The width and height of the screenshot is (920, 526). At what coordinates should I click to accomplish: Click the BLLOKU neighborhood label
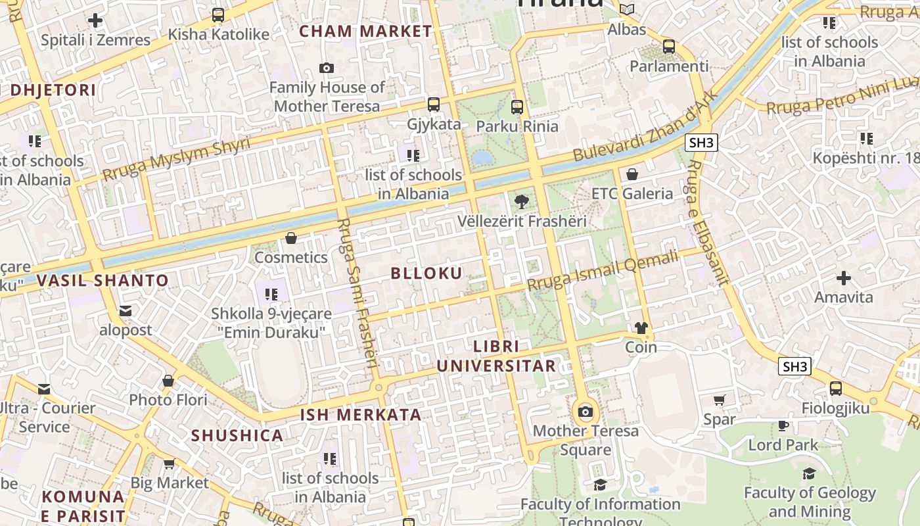[x=426, y=274]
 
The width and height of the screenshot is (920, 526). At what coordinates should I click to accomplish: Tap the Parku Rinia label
[x=517, y=126]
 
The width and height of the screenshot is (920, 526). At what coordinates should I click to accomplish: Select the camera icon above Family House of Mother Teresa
[x=326, y=68]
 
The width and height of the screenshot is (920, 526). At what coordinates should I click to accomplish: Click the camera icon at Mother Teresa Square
[x=585, y=412]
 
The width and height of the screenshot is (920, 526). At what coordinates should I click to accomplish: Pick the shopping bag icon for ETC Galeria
[x=632, y=174]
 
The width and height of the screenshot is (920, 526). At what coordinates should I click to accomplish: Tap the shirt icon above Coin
[x=641, y=328]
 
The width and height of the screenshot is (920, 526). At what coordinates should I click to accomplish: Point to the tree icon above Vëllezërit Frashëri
[x=522, y=202]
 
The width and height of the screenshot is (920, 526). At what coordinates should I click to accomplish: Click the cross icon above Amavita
[x=844, y=278]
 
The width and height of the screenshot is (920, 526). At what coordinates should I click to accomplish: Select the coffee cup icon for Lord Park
[x=783, y=425]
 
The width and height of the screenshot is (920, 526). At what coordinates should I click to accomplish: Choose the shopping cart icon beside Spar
[x=720, y=400]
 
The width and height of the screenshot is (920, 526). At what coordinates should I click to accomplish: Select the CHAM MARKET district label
[x=366, y=31]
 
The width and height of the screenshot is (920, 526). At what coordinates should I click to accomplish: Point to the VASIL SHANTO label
[x=103, y=281]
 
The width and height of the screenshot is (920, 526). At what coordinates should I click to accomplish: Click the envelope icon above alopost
[x=126, y=310]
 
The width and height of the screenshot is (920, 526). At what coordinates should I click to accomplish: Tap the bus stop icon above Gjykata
[x=434, y=104]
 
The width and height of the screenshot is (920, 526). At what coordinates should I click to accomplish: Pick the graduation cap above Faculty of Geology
[x=809, y=473]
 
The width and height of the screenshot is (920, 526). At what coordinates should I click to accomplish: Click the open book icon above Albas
[x=628, y=9]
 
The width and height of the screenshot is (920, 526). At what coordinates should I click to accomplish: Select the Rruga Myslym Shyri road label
[x=176, y=159]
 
